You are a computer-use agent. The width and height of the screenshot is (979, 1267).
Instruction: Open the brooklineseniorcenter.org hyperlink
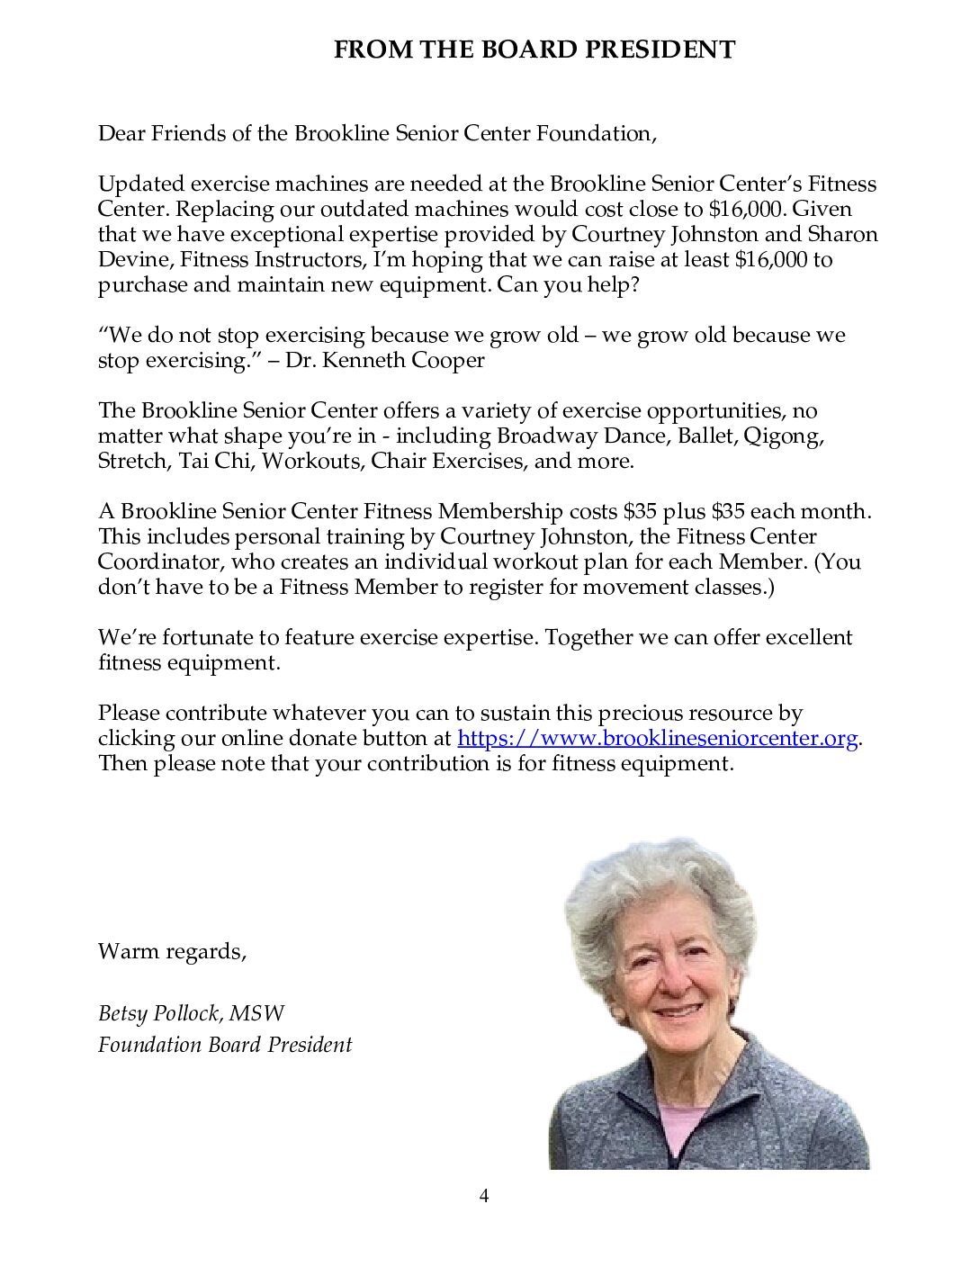click(657, 739)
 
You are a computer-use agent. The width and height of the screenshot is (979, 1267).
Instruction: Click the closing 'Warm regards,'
click(172, 951)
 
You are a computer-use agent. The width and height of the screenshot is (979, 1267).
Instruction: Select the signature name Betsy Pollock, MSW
click(191, 1014)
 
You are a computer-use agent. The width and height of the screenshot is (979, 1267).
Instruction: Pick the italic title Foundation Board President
click(225, 1045)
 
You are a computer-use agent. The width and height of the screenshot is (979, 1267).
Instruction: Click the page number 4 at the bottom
click(484, 1196)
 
